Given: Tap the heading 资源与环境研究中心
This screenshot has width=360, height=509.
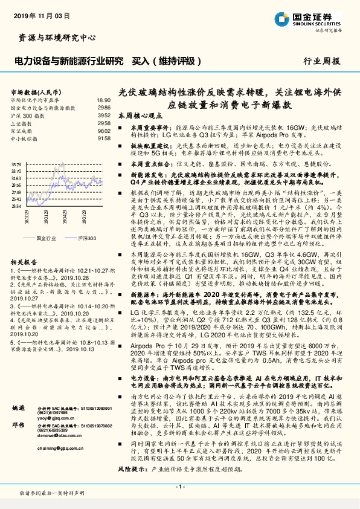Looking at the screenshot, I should (57, 37).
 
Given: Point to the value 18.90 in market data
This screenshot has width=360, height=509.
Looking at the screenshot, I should (104, 100).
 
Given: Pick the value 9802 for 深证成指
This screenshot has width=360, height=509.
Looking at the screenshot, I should (104, 130).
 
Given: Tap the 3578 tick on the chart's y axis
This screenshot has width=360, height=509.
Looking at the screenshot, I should (16, 164).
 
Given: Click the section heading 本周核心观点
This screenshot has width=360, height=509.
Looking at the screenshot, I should (140, 115).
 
